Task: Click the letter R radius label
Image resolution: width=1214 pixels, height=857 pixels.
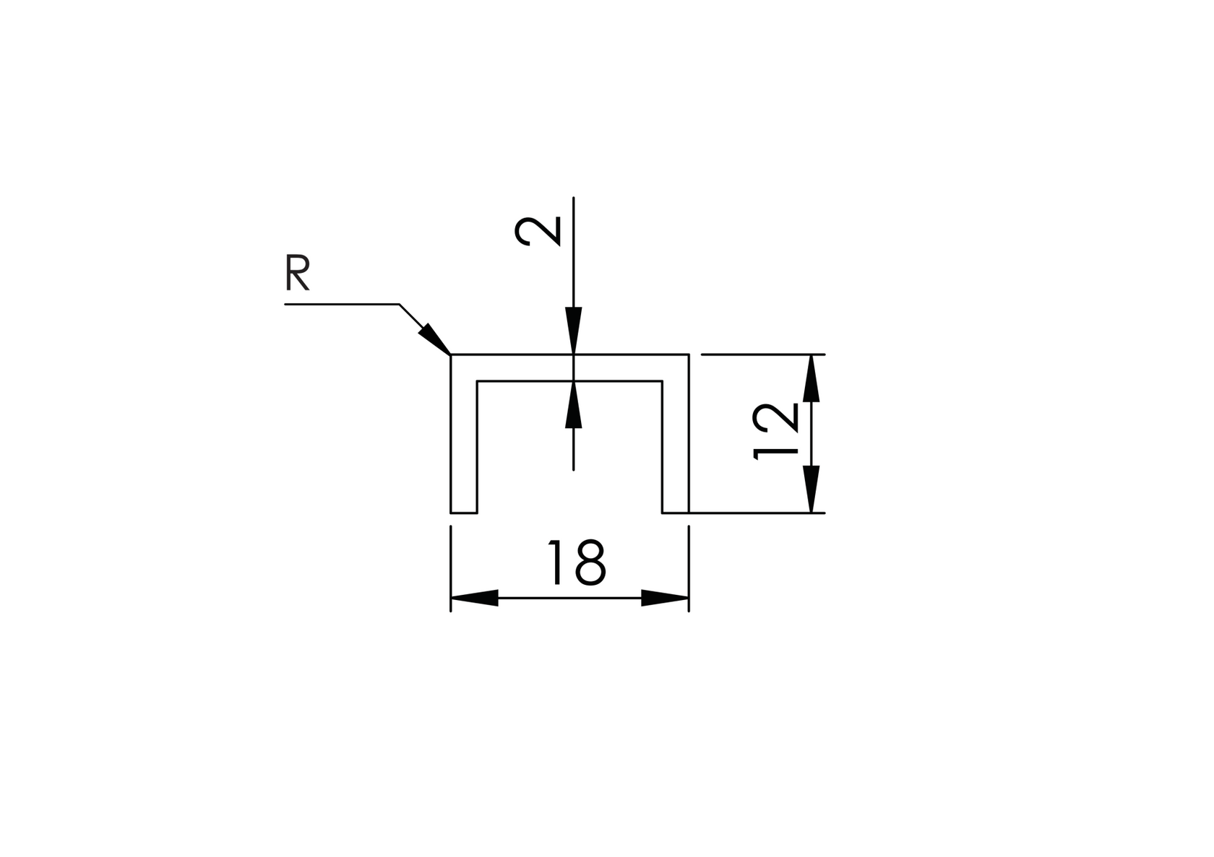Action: (x=298, y=273)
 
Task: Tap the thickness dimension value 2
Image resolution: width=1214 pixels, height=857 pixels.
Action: (x=538, y=230)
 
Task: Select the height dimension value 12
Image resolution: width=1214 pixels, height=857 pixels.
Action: (x=775, y=432)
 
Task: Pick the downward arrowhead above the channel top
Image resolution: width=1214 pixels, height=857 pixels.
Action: (x=573, y=331)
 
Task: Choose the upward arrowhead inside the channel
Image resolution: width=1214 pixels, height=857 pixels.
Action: (x=573, y=404)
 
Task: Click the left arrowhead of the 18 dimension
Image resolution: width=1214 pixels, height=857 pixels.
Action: (x=474, y=598)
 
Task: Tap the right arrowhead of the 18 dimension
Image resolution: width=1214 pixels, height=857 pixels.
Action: (x=665, y=598)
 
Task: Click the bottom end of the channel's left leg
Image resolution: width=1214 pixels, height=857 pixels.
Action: (x=464, y=512)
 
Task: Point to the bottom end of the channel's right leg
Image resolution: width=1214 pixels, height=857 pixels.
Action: (x=676, y=512)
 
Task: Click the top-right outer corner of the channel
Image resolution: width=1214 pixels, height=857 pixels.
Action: (x=689, y=354)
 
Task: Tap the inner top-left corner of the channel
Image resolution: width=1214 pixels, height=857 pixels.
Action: (x=477, y=380)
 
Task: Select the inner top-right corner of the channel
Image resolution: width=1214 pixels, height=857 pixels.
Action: (x=662, y=380)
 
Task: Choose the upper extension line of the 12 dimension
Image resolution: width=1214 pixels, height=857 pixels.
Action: (x=759, y=354)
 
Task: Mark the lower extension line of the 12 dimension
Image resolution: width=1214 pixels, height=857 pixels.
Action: (x=759, y=513)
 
